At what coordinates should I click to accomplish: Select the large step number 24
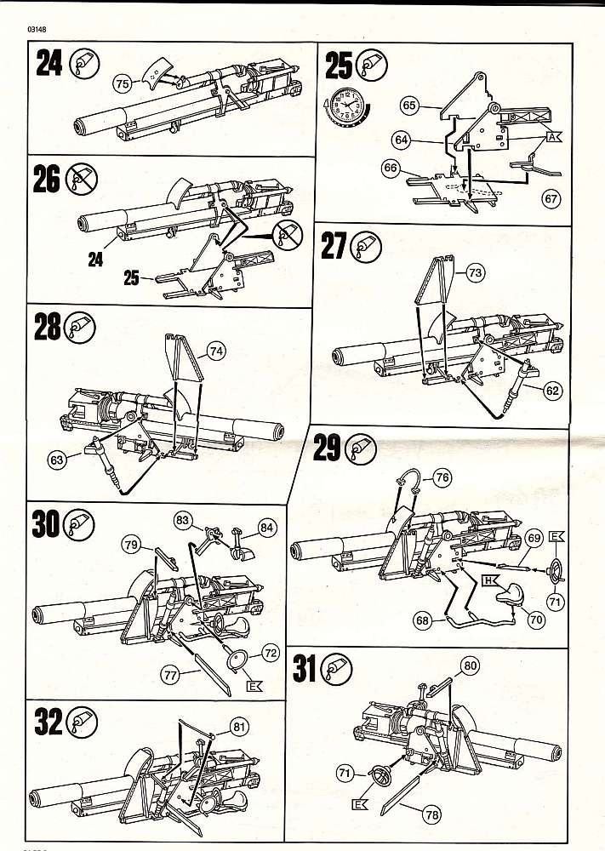coord(49,64)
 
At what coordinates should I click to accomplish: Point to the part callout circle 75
coord(122,83)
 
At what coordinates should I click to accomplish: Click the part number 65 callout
coord(408,106)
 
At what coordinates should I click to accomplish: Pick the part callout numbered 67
coord(552,198)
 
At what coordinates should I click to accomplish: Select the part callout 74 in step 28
coord(218,349)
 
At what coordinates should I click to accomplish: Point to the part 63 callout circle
coord(57,460)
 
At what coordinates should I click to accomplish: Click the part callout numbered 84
coord(267,528)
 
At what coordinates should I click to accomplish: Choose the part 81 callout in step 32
coord(239,726)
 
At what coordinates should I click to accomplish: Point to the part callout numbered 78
coord(432,815)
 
